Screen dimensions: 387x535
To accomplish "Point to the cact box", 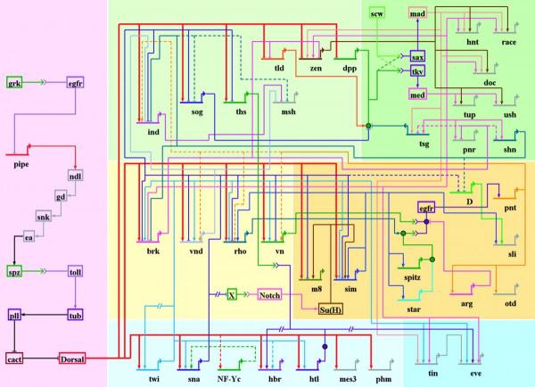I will click(14, 358).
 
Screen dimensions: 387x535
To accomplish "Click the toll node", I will click(76, 270).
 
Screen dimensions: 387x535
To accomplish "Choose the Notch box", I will click(270, 294).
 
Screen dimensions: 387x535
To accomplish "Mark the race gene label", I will click(509, 42).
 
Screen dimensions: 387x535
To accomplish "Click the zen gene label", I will click(315, 68).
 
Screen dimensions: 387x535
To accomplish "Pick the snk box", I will click(43, 217).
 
